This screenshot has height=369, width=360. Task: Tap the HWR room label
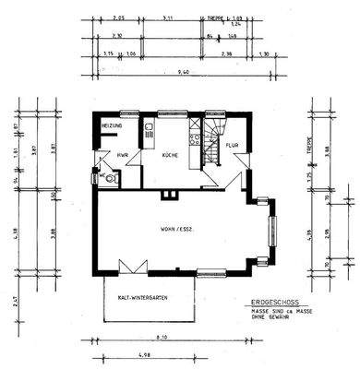(x=123, y=156)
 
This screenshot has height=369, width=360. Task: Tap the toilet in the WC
(x=110, y=181)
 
